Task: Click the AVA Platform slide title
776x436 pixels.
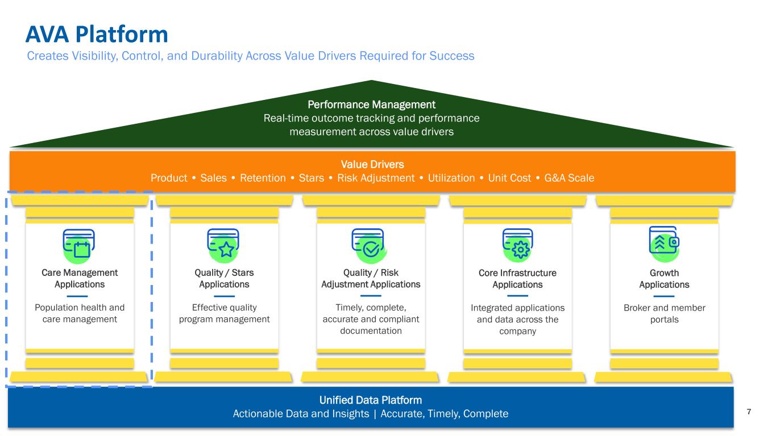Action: [97, 35]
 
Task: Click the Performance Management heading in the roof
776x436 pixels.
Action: [371, 104]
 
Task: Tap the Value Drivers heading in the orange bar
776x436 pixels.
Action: [372, 164]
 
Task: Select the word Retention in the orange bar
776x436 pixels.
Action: [263, 178]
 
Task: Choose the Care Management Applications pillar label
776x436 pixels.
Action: [80, 278]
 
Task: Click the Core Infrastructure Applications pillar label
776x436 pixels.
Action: [517, 278]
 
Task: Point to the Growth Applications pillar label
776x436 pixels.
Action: [664, 278]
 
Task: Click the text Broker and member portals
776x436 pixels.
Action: [664, 313]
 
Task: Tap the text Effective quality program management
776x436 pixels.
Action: [224, 313]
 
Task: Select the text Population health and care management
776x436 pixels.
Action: [80, 313]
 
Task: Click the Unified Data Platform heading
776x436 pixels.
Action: [371, 400]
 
